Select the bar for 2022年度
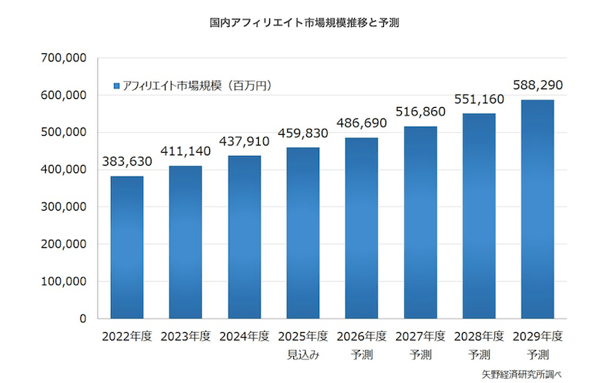[x=127, y=247]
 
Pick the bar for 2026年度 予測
[x=361, y=228]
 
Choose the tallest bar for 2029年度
[x=538, y=209]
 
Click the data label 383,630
[x=127, y=162]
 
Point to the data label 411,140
[x=185, y=151]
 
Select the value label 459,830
[x=303, y=133]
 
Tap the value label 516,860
[x=420, y=112]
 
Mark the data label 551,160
[x=479, y=99]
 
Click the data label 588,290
[x=538, y=85]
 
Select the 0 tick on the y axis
[x=83, y=319]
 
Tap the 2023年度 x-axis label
[x=185, y=337]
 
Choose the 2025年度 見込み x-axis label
[x=303, y=345]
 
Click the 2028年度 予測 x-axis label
[x=479, y=345]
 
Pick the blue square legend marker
[x=116, y=86]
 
